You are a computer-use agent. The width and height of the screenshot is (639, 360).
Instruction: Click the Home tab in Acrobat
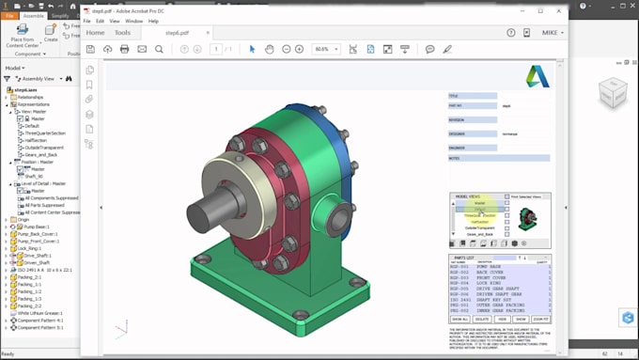pyautogui.click(x=95, y=32)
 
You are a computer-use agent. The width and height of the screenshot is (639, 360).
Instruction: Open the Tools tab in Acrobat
pyautogui.click(x=123, y=32)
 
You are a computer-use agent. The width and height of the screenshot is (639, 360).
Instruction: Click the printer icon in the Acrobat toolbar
pyautogui.click(x=125, y=49)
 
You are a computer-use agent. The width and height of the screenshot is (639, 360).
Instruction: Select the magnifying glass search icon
pyautogui.click(x=159, y=49)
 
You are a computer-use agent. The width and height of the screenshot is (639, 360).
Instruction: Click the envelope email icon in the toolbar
pyautogui.click(x=142, y=49)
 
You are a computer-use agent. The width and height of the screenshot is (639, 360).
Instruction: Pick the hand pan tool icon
pyautogui.click(x=270, y=49)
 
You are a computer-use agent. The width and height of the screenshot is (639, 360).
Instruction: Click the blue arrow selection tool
pyautogui.click(x=252, y=49)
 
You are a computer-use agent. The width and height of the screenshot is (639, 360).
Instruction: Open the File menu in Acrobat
pyautogui.click(x=87, y=20)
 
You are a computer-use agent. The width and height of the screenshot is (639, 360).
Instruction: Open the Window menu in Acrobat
pyautogui.click(x=133, y=20)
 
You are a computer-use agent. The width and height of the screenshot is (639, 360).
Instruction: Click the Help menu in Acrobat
pyautogui.click(x=153, y=20)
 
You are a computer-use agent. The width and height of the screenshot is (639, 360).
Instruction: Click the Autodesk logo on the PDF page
pyautogui.click(x=537, y=76)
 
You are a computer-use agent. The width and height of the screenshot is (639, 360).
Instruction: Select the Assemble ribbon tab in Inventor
pyautogui.click(x=34, y=16)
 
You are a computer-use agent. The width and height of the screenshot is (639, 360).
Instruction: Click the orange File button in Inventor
pyautogui.click(x=9, y=16)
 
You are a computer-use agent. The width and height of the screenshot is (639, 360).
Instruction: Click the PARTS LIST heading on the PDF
pyautogui.click(x=465, y=257)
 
